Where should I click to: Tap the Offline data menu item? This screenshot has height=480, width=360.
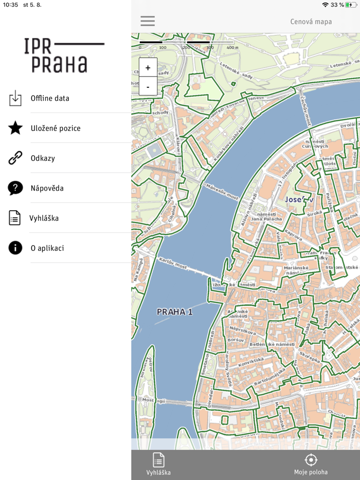pyautogui.click(x=50, y=98)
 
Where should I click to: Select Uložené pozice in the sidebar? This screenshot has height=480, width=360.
pyautogui.click(x=56, y=128)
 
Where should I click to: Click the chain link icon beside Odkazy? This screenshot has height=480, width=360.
pyautogui.click(x=15, y=158)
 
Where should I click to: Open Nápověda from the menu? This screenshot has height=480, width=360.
pyautogui.click(x=47, y=188)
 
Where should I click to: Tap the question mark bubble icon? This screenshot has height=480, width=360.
pyautogui.click(x=15, y=188)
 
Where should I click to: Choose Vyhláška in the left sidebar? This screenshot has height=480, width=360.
pyautogui.click(x=44, y=218)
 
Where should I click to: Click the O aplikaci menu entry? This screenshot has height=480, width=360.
pyautogui.click(x=47, y=248)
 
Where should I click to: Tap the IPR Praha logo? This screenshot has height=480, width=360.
pyautogui.click(x=64, y=55)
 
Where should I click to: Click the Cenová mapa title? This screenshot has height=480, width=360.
pyautogui.click(x=311, y=22)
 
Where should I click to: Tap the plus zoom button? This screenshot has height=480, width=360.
pyautogui.click(x=148, y=68)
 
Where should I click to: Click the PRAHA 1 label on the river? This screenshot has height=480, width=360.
pyautogui.click(x=174, y=311)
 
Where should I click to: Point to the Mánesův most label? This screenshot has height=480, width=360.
pyautogui.click(x=222, y=191)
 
